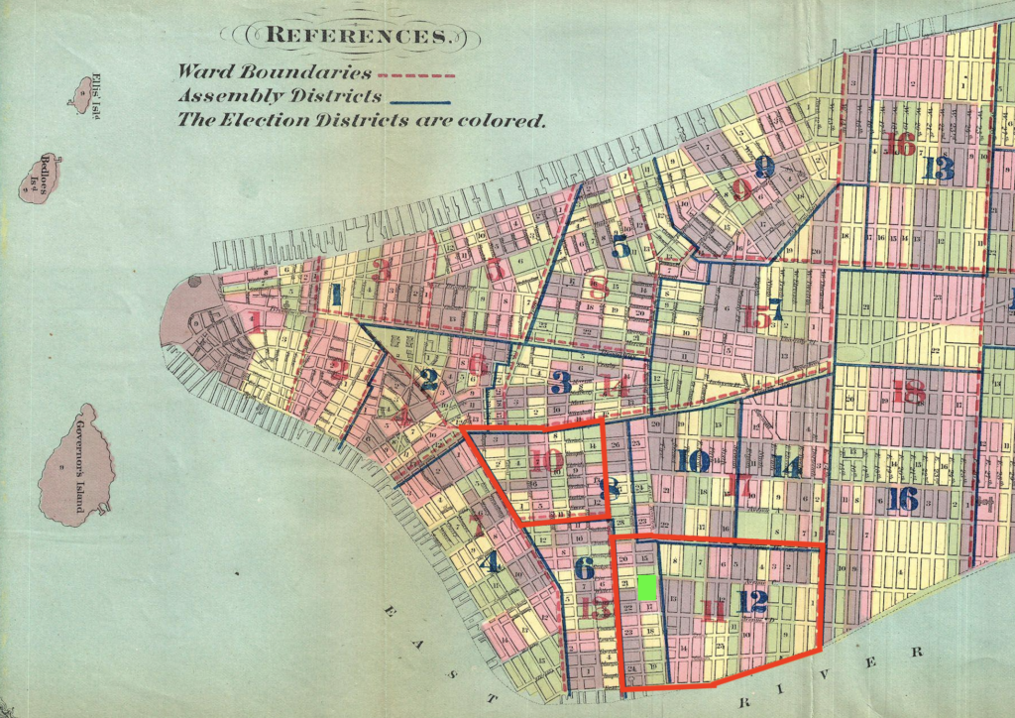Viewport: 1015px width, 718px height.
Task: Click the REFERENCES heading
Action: tap(357, 36)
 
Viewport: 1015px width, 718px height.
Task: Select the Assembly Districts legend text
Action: tap(280, 96)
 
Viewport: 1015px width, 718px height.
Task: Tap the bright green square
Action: tap(646, 587)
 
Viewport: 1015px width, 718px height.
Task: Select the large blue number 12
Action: tap(752, 601)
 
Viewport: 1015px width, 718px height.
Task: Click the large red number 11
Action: tap(714, 611)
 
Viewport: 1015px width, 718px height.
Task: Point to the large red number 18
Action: tap(908, 393)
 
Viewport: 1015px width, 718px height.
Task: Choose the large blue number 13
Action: tap(937, 168)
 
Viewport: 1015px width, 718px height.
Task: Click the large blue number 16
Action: tap(902, 498)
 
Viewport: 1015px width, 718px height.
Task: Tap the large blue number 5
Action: tap(621, 248)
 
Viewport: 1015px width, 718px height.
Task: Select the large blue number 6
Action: tap(584, 568)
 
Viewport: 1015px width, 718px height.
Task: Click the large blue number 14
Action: tap(786, 465)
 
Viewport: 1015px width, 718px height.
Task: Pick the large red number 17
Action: tap(739, 486)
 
